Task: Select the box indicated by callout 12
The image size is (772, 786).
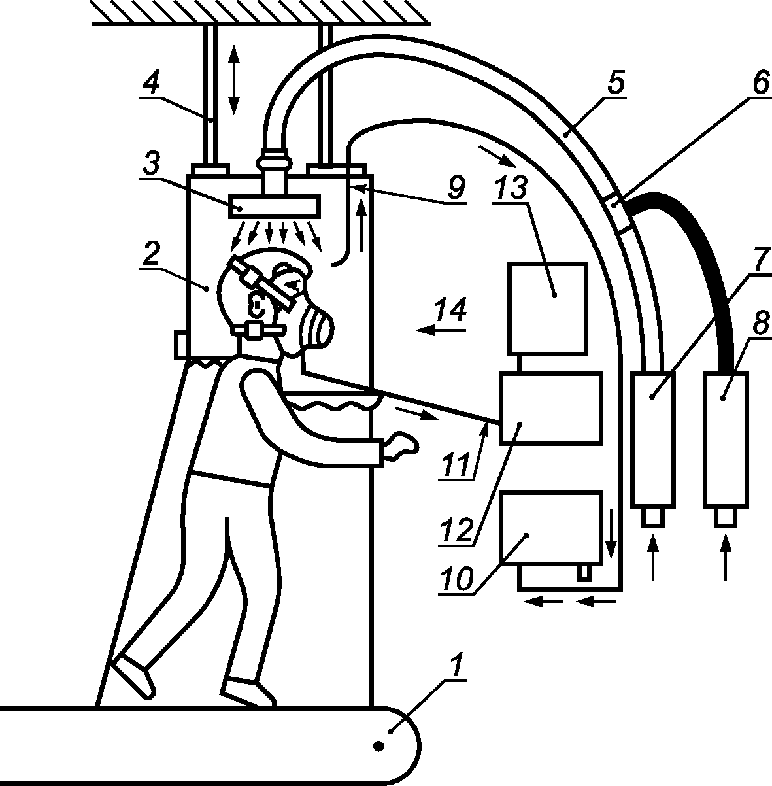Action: click(550, 409)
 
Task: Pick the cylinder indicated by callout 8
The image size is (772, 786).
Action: click(725, 439)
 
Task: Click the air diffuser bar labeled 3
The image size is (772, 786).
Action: click(274, 207)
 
